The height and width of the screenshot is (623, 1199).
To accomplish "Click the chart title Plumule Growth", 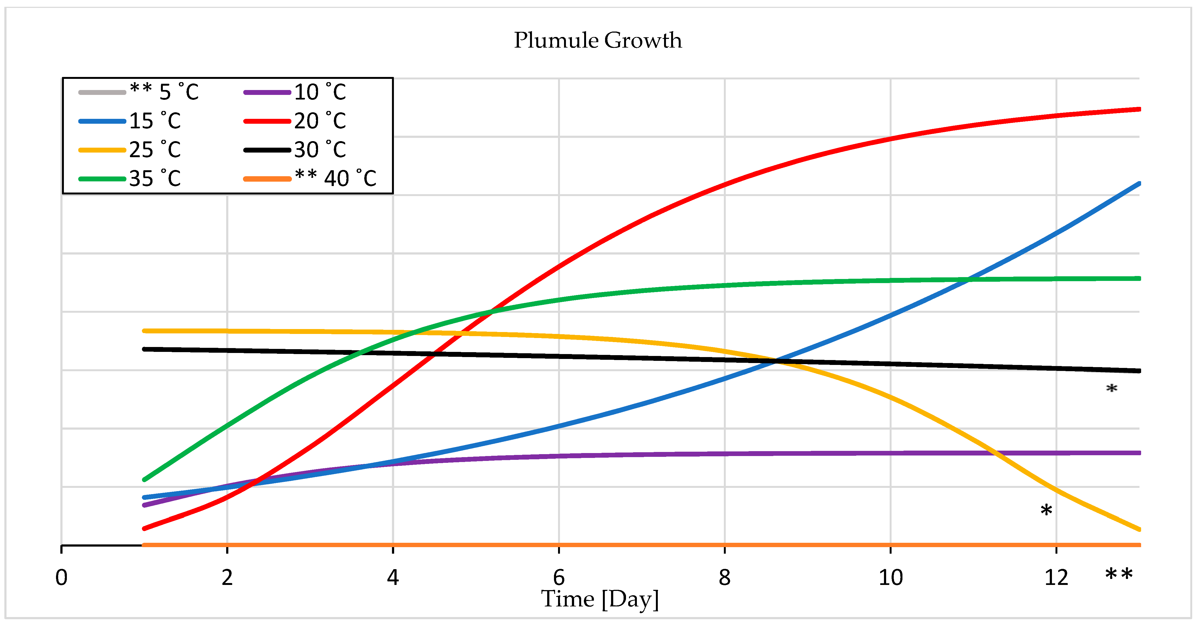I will [x=598, y=41].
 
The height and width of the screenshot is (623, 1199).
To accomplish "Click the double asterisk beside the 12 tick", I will [x=1119, y=575].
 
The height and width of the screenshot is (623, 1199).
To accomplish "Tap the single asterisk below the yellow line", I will [x=1046, y=510].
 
